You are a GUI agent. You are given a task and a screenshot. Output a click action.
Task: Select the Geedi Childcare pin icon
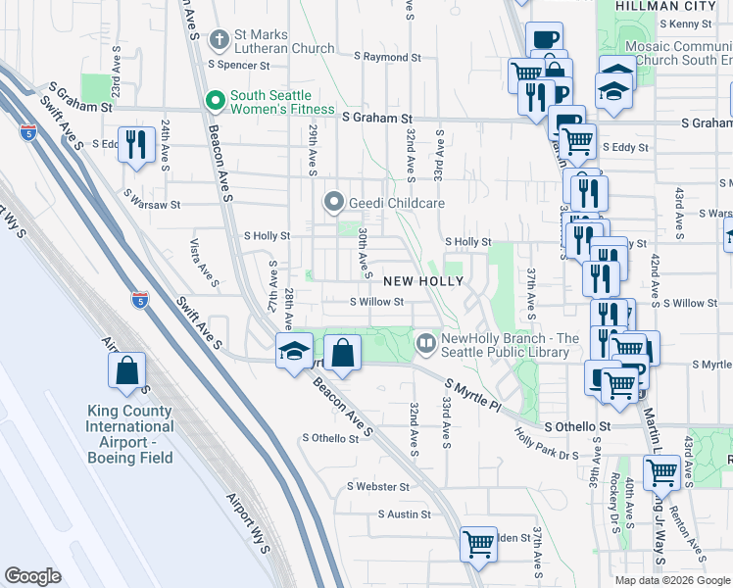pos(333,203)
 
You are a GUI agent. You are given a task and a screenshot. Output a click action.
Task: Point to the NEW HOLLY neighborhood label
pos(422,280)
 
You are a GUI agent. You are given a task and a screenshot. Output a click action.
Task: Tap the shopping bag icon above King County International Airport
pos(128,371)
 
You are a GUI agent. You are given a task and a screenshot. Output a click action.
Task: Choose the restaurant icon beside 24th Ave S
pos(136,144)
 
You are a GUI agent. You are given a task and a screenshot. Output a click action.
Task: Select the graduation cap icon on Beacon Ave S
pos(293,351)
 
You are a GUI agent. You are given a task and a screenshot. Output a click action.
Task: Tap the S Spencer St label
pos(238,66)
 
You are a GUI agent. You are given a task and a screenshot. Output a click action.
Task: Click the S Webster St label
pos(377,486)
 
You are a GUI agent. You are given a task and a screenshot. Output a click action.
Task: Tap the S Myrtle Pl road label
pos(472,396)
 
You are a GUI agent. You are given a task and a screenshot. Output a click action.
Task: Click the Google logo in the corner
pos(32,576)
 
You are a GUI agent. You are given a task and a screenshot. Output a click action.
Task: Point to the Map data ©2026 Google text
pos(673,580)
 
